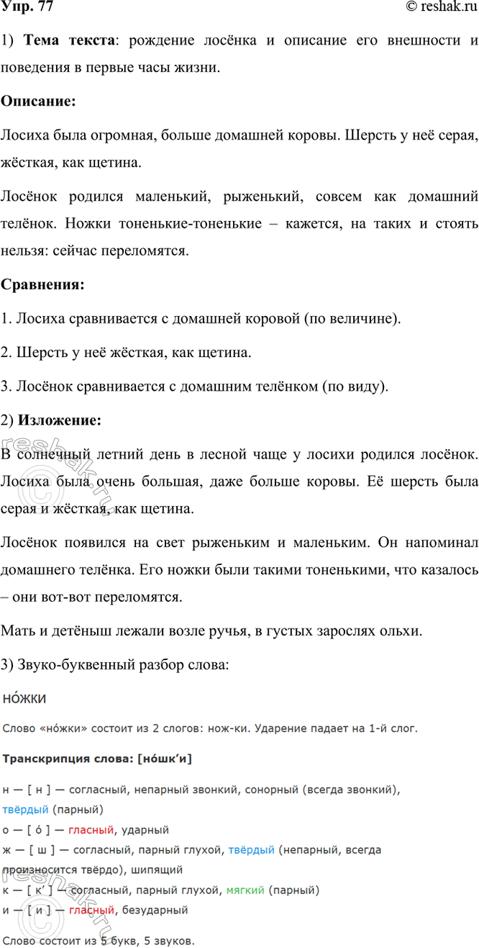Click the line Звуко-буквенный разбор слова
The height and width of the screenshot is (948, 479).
[115, 666]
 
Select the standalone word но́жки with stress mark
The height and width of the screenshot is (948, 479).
[25, 699]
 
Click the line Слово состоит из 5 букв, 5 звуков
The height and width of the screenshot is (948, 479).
[98, 941]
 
